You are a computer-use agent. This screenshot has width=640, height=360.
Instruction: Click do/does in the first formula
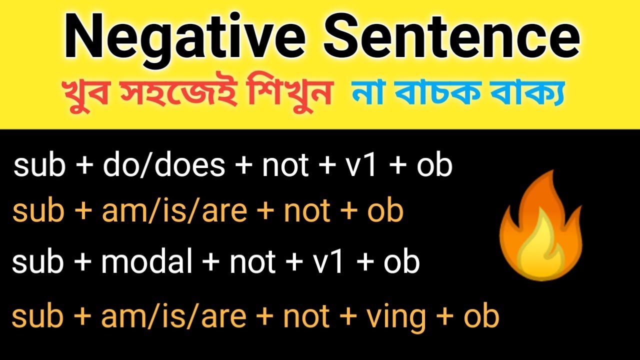click(164, 165)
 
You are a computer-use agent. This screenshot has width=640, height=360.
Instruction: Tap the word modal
click(146, 262)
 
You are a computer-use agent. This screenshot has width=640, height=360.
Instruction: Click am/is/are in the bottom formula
click(173, 316)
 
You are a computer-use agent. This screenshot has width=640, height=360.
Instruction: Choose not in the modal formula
click(252, 262)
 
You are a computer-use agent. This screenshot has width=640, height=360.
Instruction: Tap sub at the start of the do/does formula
click(39, 165)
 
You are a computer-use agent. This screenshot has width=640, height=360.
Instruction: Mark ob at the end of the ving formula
click(481, 316)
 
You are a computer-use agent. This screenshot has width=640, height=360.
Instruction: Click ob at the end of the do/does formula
click(434, 165)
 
